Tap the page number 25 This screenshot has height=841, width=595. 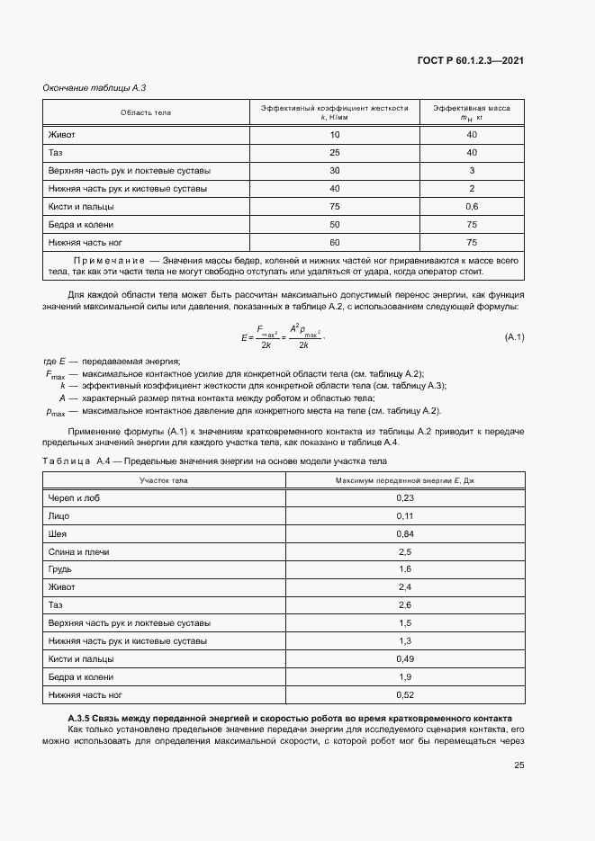click(518, 766)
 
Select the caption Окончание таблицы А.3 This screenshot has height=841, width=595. click(95, 88)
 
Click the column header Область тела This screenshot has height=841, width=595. click(146, 112)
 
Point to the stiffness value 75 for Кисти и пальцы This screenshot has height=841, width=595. click(335, 207)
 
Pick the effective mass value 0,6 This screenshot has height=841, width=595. click(472, 207)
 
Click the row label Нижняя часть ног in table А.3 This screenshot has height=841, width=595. click(84, 243)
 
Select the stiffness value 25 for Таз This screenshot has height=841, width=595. click(335, 153)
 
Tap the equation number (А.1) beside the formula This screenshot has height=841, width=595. click(515, 336)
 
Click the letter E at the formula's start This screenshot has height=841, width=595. click(244, 337)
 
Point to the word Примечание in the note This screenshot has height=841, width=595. click(107, 260)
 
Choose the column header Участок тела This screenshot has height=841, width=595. click(164, 481)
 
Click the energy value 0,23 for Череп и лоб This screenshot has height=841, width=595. click(404, 498)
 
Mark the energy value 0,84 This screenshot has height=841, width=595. click(404, 534)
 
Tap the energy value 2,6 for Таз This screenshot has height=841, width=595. click(404, 605)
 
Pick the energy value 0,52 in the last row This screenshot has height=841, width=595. click(404, 694)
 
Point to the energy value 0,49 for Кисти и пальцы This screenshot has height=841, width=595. click(404, 658)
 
